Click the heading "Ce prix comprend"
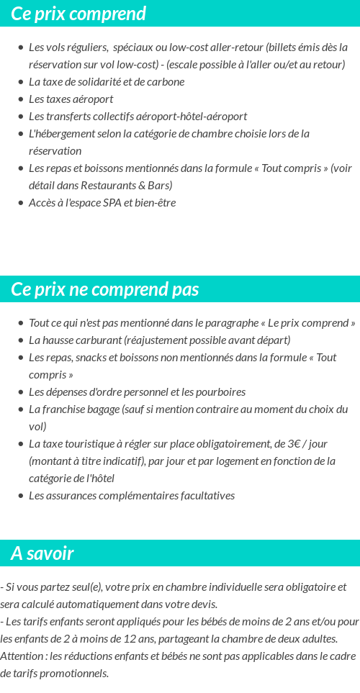coord(78,14)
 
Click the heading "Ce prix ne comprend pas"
coord(105,289)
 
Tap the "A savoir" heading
coord(42,553)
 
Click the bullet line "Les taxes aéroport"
coord(71,99)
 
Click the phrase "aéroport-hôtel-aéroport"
coord(200,117)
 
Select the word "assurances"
coord(73,496)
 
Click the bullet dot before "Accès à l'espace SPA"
coord(21,203)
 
